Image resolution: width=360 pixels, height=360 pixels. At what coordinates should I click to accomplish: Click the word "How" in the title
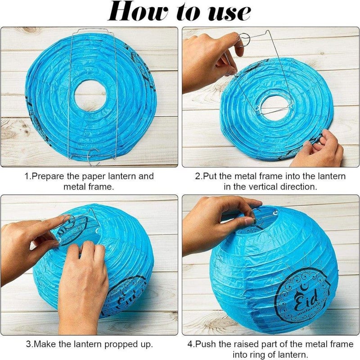point(138,12)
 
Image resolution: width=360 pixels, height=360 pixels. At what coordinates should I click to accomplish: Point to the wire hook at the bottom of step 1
point(94,157)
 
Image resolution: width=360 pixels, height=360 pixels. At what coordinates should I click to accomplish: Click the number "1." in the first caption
point(28,176)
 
